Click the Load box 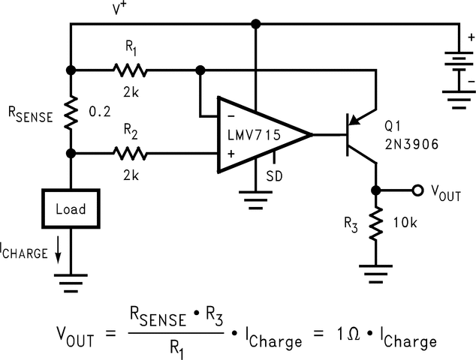(x=70, y=208)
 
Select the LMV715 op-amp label (x=254, y=135)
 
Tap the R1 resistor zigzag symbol (x=131, y=70)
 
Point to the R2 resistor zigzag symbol (x=131, y=154)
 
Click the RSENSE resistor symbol (x=71, y=112)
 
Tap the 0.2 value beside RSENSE (x=100, y=112)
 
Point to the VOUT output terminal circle (x=417, y=190)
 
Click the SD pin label (x=275, y=180)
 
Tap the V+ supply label (x=120, y=10)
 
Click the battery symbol (x=450, y=69)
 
